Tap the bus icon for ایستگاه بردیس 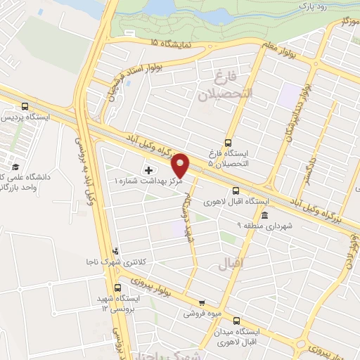tap(25, 106)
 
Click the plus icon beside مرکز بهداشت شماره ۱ tap(148, 170)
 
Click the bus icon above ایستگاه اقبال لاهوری tap(236, 190)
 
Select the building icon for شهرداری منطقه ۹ tap(264, 215)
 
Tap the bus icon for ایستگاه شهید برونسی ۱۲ tap(117, 287)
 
